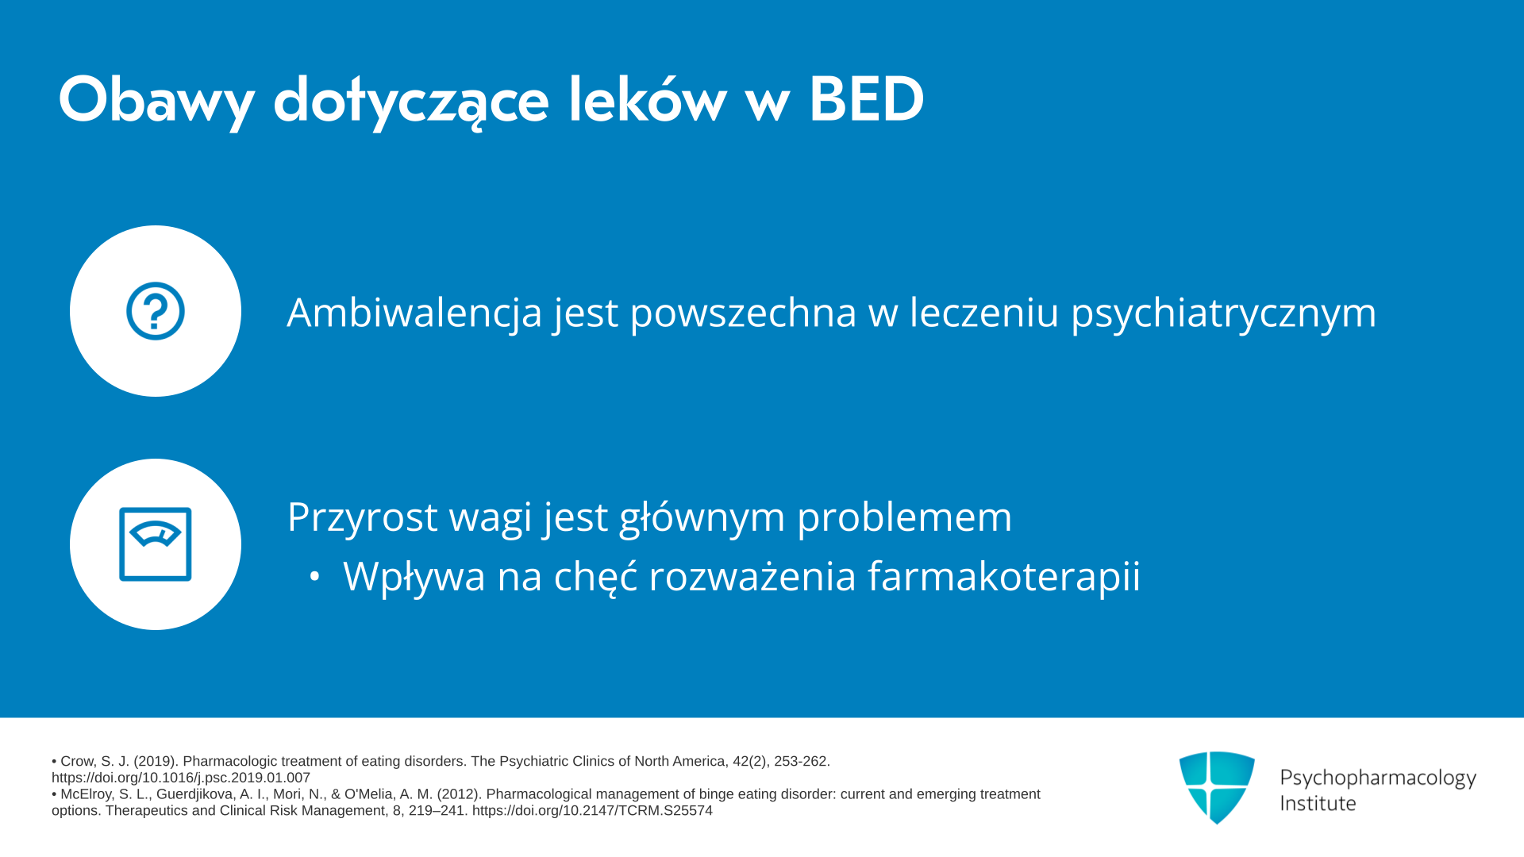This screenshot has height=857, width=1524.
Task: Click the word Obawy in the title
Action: pos(156,101)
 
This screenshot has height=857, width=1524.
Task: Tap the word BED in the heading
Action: pos(866,100)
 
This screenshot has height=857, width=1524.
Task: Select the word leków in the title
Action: pos(647,99)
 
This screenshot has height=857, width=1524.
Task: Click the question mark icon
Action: pos(156,311)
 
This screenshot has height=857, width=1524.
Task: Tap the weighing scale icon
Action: pos(156,544)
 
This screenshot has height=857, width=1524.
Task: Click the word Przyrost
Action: pos(362,517)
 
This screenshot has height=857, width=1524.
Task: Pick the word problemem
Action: pos(904,517)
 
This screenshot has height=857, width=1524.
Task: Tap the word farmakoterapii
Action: pos(1003,576)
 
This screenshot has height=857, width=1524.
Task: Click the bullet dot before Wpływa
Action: pos(315,577)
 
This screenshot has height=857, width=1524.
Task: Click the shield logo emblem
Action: pos(1217,787)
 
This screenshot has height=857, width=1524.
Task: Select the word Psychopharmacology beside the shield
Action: pos(1378,778)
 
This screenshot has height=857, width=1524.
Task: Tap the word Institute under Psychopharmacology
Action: pos(1318,803)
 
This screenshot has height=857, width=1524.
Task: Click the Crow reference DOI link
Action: pos(181,778)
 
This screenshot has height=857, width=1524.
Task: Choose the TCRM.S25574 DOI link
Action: pos(592,810)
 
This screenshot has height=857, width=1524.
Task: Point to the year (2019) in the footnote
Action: pos(154,761)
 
